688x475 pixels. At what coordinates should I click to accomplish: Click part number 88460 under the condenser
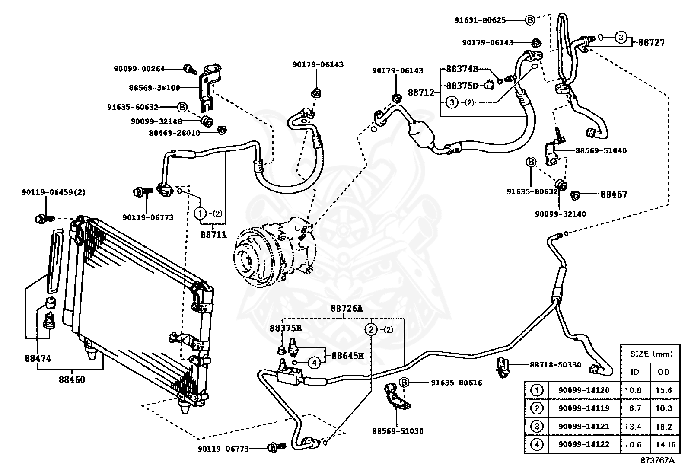72,380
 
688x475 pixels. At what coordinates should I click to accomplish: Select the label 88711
213,235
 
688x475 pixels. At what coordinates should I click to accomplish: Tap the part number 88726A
347,309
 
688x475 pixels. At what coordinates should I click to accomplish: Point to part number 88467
614,194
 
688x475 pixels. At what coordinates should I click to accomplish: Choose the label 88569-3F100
154,88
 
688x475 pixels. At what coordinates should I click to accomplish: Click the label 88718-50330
555,365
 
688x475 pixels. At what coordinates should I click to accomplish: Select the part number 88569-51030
398,431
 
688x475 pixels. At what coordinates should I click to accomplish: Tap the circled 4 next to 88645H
314,363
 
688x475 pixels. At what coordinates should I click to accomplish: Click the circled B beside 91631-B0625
530,20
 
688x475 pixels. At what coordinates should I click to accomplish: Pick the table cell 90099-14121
583,426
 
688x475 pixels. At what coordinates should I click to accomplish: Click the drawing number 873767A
657,460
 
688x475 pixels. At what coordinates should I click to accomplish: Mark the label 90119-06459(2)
54,192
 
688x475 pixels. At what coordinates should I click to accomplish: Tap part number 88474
38,358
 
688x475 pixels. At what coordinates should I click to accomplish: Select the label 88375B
286,328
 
